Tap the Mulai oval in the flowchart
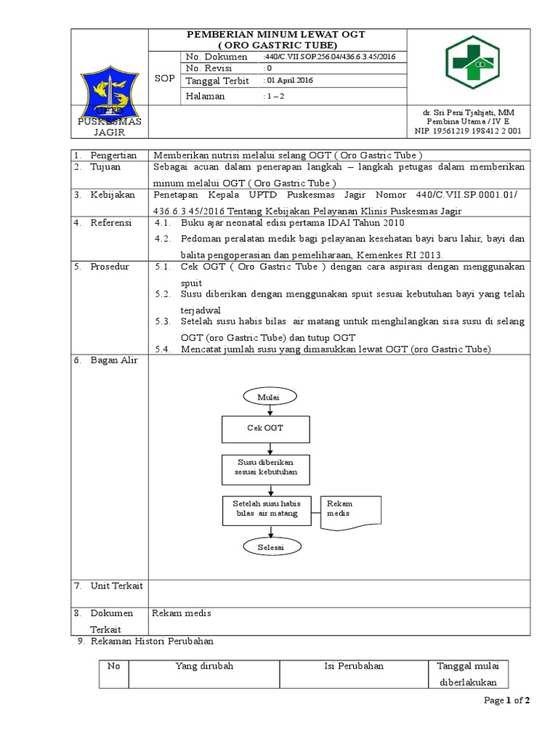[269, 397]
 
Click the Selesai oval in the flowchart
[269, 546]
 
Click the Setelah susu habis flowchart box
[266, 509]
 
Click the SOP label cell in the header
[165, 78]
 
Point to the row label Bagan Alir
[109, 360]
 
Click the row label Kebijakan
[111, 195]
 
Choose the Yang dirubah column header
[204, 666]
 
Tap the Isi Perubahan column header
[354, 666]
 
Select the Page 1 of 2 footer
[507, 700]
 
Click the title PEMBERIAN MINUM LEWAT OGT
[276, 35]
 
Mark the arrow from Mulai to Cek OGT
[270, 411]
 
